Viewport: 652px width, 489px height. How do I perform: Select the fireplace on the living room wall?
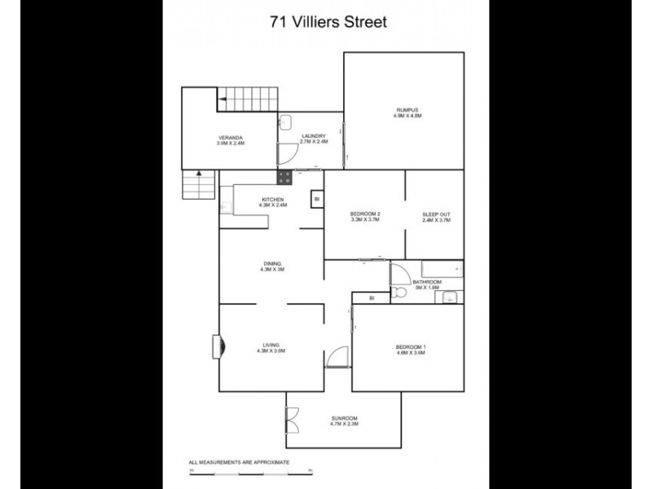(x=216, y=346)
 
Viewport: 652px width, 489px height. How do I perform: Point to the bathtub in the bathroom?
(x=441, y=270)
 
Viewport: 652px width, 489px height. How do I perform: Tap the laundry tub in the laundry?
(x=284, y=121)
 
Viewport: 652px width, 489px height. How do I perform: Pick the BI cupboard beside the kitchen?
(x=316, y=198)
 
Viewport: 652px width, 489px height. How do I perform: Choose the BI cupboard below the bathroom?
(x=371, y=298)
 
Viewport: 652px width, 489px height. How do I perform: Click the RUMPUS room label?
(x=406, y=110)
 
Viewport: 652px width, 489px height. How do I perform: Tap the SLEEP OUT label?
(x=436, y=214)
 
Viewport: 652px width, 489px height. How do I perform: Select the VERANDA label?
(x=230, y=137)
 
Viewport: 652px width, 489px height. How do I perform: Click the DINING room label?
(x=271, y=263)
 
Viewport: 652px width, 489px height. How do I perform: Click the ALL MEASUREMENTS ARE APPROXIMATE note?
(x=240, y=462)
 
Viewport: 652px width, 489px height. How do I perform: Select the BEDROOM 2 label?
(x=366, y=214)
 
